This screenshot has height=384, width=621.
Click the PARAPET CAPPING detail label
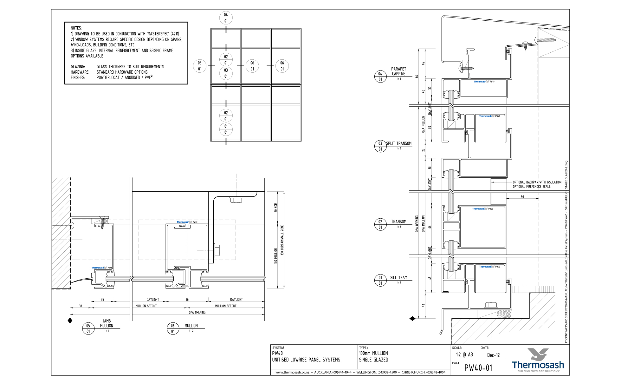(x=398, y=71)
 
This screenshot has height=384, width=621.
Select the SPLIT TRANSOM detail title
(x=399, y=143)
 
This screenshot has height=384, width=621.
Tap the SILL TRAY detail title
(x=398, y=277)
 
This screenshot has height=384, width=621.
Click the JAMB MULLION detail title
(x=107, y=323)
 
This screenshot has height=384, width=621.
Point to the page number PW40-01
(x=478, y=368)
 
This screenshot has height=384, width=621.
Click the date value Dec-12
(x=493, y=355)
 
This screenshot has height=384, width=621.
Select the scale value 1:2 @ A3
(x=464, y=355)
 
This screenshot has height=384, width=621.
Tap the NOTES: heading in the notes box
(x=76, y=28)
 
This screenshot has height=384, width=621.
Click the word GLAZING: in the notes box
(x=78, y=67)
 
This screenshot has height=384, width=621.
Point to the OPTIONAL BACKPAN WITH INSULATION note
(x=537, y=182)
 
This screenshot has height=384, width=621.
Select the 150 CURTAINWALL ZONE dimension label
(x=282, y=240)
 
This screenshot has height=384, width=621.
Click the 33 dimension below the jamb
(x=81, y=306)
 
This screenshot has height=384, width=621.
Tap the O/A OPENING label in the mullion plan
(x=197, y=312)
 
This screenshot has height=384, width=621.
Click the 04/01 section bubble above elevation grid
(x=226, y=18)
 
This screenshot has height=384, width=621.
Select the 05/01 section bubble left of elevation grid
(x=200, y=66)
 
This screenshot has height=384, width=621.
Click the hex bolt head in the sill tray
(x=491, y=305)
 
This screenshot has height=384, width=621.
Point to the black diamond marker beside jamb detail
(x=70, y=321)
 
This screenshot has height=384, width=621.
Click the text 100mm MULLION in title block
(x=373, y=353)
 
